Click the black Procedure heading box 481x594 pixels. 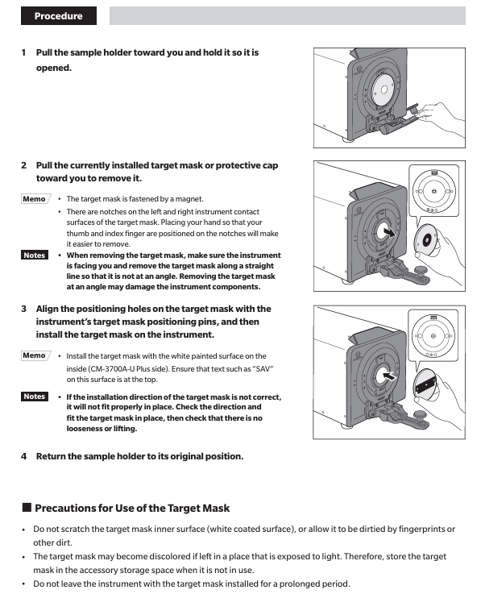[x=59, y=16]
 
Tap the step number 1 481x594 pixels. [x=23, y=52]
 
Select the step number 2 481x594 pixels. [x=24, y=165]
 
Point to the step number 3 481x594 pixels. [x=24, y=309]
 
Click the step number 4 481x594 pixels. [x=24, y=456]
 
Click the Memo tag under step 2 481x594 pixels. [x=35, y=199]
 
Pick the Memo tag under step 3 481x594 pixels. [x=35, y=355]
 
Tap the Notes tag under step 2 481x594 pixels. [x=35, y=255]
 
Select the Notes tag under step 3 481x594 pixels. [x=35, y=397]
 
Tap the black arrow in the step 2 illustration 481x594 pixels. [x=388, y=231]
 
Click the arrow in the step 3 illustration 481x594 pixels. [x=389, y=376]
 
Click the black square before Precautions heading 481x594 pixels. [x=27, y=507]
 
